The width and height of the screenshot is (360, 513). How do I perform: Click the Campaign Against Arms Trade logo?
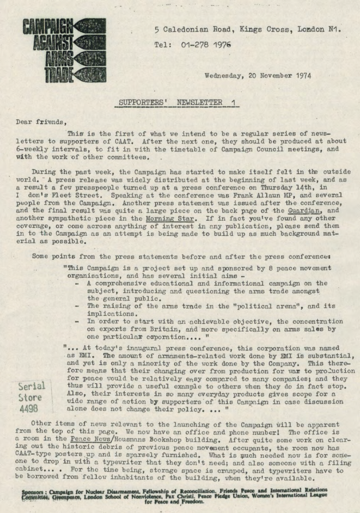[63, 50]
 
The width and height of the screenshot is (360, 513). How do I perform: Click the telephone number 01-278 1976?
[203, 44]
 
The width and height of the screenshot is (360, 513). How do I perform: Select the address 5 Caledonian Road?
[189, 29]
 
